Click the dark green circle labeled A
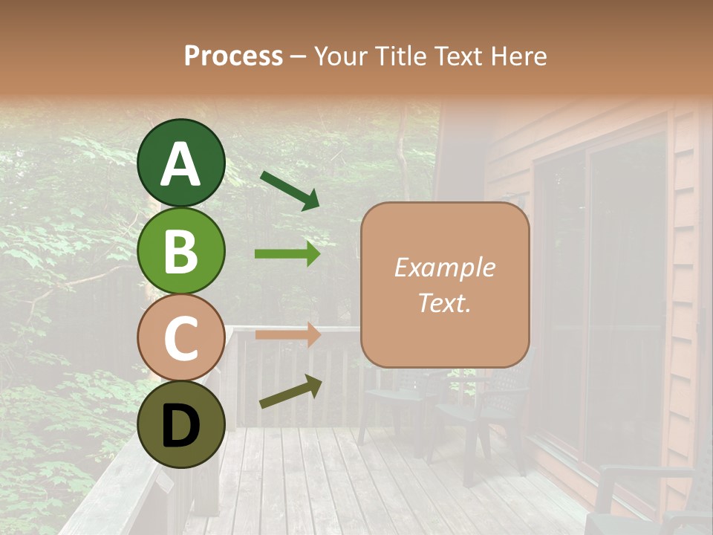coord(180,163)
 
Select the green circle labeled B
coord(180,250)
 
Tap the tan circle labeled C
coord(180,338)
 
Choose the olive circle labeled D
coord(180,425)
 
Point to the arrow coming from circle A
coord(290,190)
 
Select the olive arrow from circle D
coord(290,392)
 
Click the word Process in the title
coord(233,56)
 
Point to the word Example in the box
coord(444,267)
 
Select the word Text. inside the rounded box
coord(444,302)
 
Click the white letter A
coord(180,163)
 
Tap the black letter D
coord(180,426)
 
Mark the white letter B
coord(180,251)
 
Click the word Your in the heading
coord(339,56)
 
